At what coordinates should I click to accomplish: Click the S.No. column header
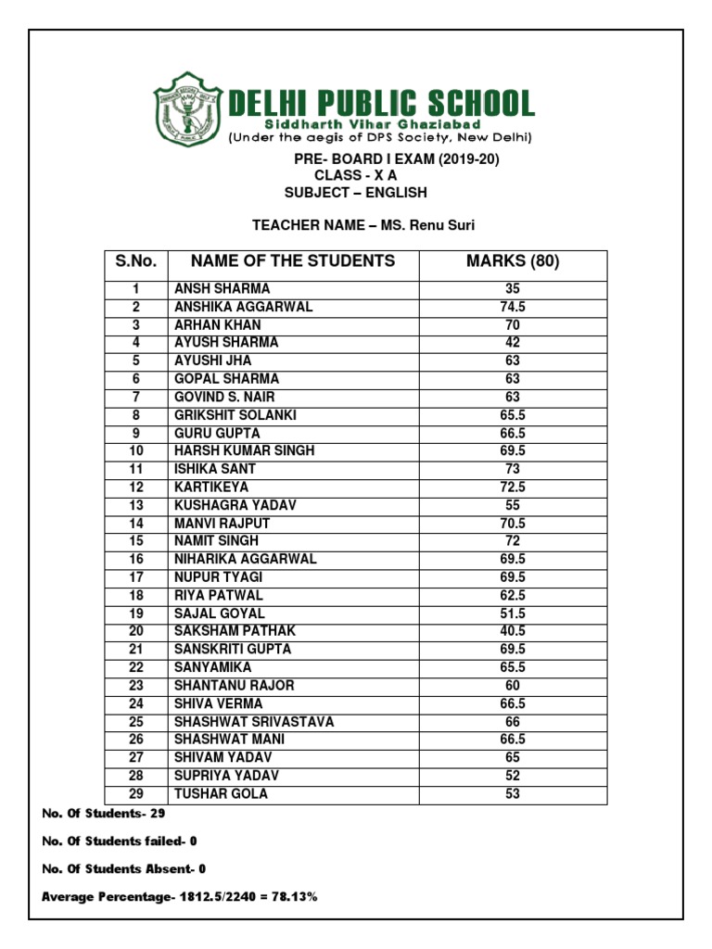click(x=134, y=262)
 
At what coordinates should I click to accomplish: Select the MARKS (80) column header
click(x=513, y=262)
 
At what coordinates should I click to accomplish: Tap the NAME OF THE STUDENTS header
click(x=293, y=261)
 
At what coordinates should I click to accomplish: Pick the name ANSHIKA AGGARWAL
click(x=244, y=307)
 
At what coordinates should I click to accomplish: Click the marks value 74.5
click(x=513, y=307)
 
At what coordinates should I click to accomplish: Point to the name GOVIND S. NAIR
click(x=224, y=397)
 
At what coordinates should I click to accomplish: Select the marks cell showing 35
click(x=513, y=289)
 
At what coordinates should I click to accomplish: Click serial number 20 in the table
click(x=135, y=631)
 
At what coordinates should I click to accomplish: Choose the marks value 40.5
click(x=513, y=631)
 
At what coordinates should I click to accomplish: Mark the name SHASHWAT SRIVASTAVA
click(x=254, y=722)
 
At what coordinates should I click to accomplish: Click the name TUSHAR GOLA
click(x=221, y=794)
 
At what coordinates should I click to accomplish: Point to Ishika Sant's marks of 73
click(x=513, y=469)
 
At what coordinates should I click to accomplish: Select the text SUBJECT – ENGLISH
click(x=356, y=193)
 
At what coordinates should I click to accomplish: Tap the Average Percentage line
click(x=180, y=897)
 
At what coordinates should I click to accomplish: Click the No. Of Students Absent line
click(x=124, y=868)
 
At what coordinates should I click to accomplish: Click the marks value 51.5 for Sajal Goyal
click(x=513, y=614)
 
